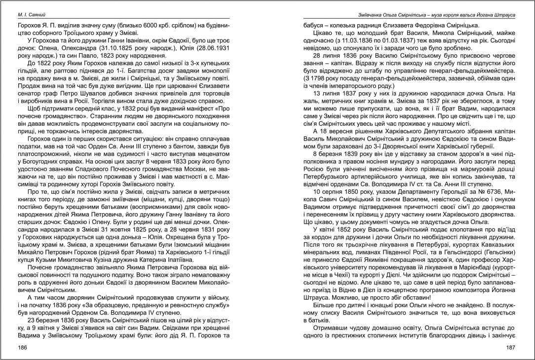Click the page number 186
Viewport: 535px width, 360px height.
(x=22, y=348)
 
